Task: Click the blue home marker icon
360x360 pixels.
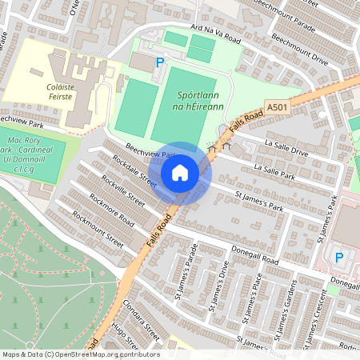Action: pyautogui.click(x=180, y=173)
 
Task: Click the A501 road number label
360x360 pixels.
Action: pyautogui.click(x=276, y=107)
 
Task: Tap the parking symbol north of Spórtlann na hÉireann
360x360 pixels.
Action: pyautogui.click(x=159, y=62)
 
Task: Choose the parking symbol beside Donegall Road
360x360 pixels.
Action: pyautogui.click(x=338, y=257)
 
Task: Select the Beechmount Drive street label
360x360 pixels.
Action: pyautogui.click(x=298, y=59)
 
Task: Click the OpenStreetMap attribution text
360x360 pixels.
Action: pyautogui.click(x=80, y=354)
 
